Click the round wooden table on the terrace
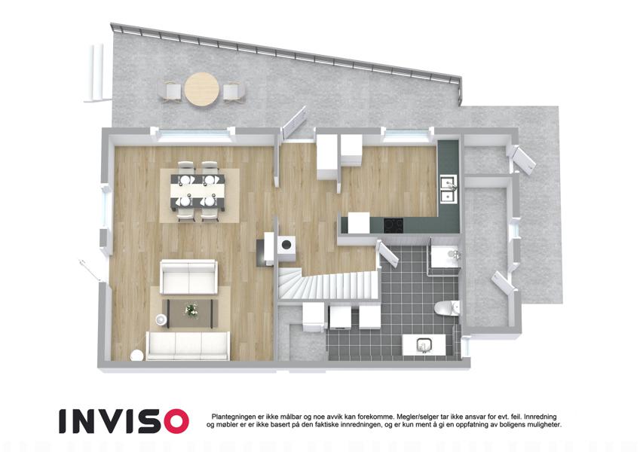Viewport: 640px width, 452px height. point(201,90)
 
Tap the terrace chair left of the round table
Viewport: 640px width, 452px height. point(170,90)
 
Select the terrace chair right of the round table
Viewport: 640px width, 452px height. point(234,91)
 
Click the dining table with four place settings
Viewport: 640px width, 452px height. point(198,191)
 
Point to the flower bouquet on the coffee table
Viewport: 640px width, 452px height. point(191,310)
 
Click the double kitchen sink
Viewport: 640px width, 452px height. point(449,189)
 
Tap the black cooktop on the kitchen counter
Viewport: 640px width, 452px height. point(393,224)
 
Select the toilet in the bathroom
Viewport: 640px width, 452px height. point(447,307)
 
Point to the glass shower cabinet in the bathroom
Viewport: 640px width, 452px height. point(444,256)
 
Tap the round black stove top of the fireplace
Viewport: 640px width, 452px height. point(287,244)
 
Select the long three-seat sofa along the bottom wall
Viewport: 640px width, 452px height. point(188,346)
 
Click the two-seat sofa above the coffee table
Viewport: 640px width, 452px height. point(188,277)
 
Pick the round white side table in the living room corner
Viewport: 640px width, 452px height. point(136,356)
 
